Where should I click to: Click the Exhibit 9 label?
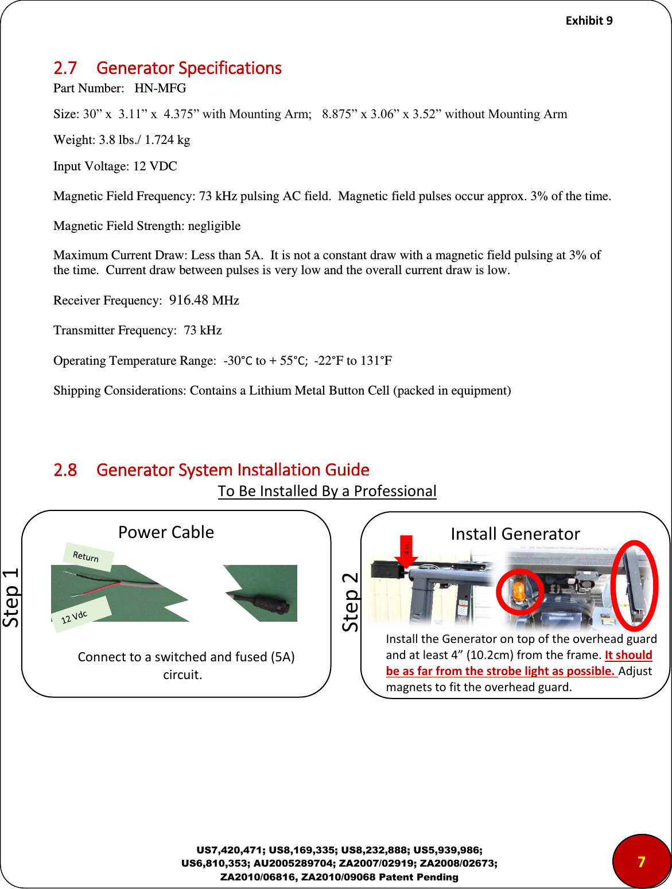click(x=589, y=21)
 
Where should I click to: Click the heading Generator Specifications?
click(x=189, y=68)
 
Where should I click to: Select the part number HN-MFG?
click(x=160, y=88)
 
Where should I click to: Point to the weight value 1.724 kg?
click(x=167, y=140)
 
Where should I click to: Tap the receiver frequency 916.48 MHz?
click(x=204, y=301)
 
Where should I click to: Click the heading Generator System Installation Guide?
click(x=232, y=470)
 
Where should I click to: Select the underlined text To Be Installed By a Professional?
click(x=327, y=492)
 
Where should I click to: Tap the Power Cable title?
click(x=166, y=532)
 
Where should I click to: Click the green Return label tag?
click(x=87, y=556)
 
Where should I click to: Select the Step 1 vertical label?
click(x=11, y=597)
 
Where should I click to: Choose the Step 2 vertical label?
click(x=350, y=602)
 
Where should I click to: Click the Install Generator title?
click(x=515, y=534)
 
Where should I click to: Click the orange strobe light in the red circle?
click(x=518, y=591)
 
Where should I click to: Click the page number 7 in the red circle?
click(x=641, y=861)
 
